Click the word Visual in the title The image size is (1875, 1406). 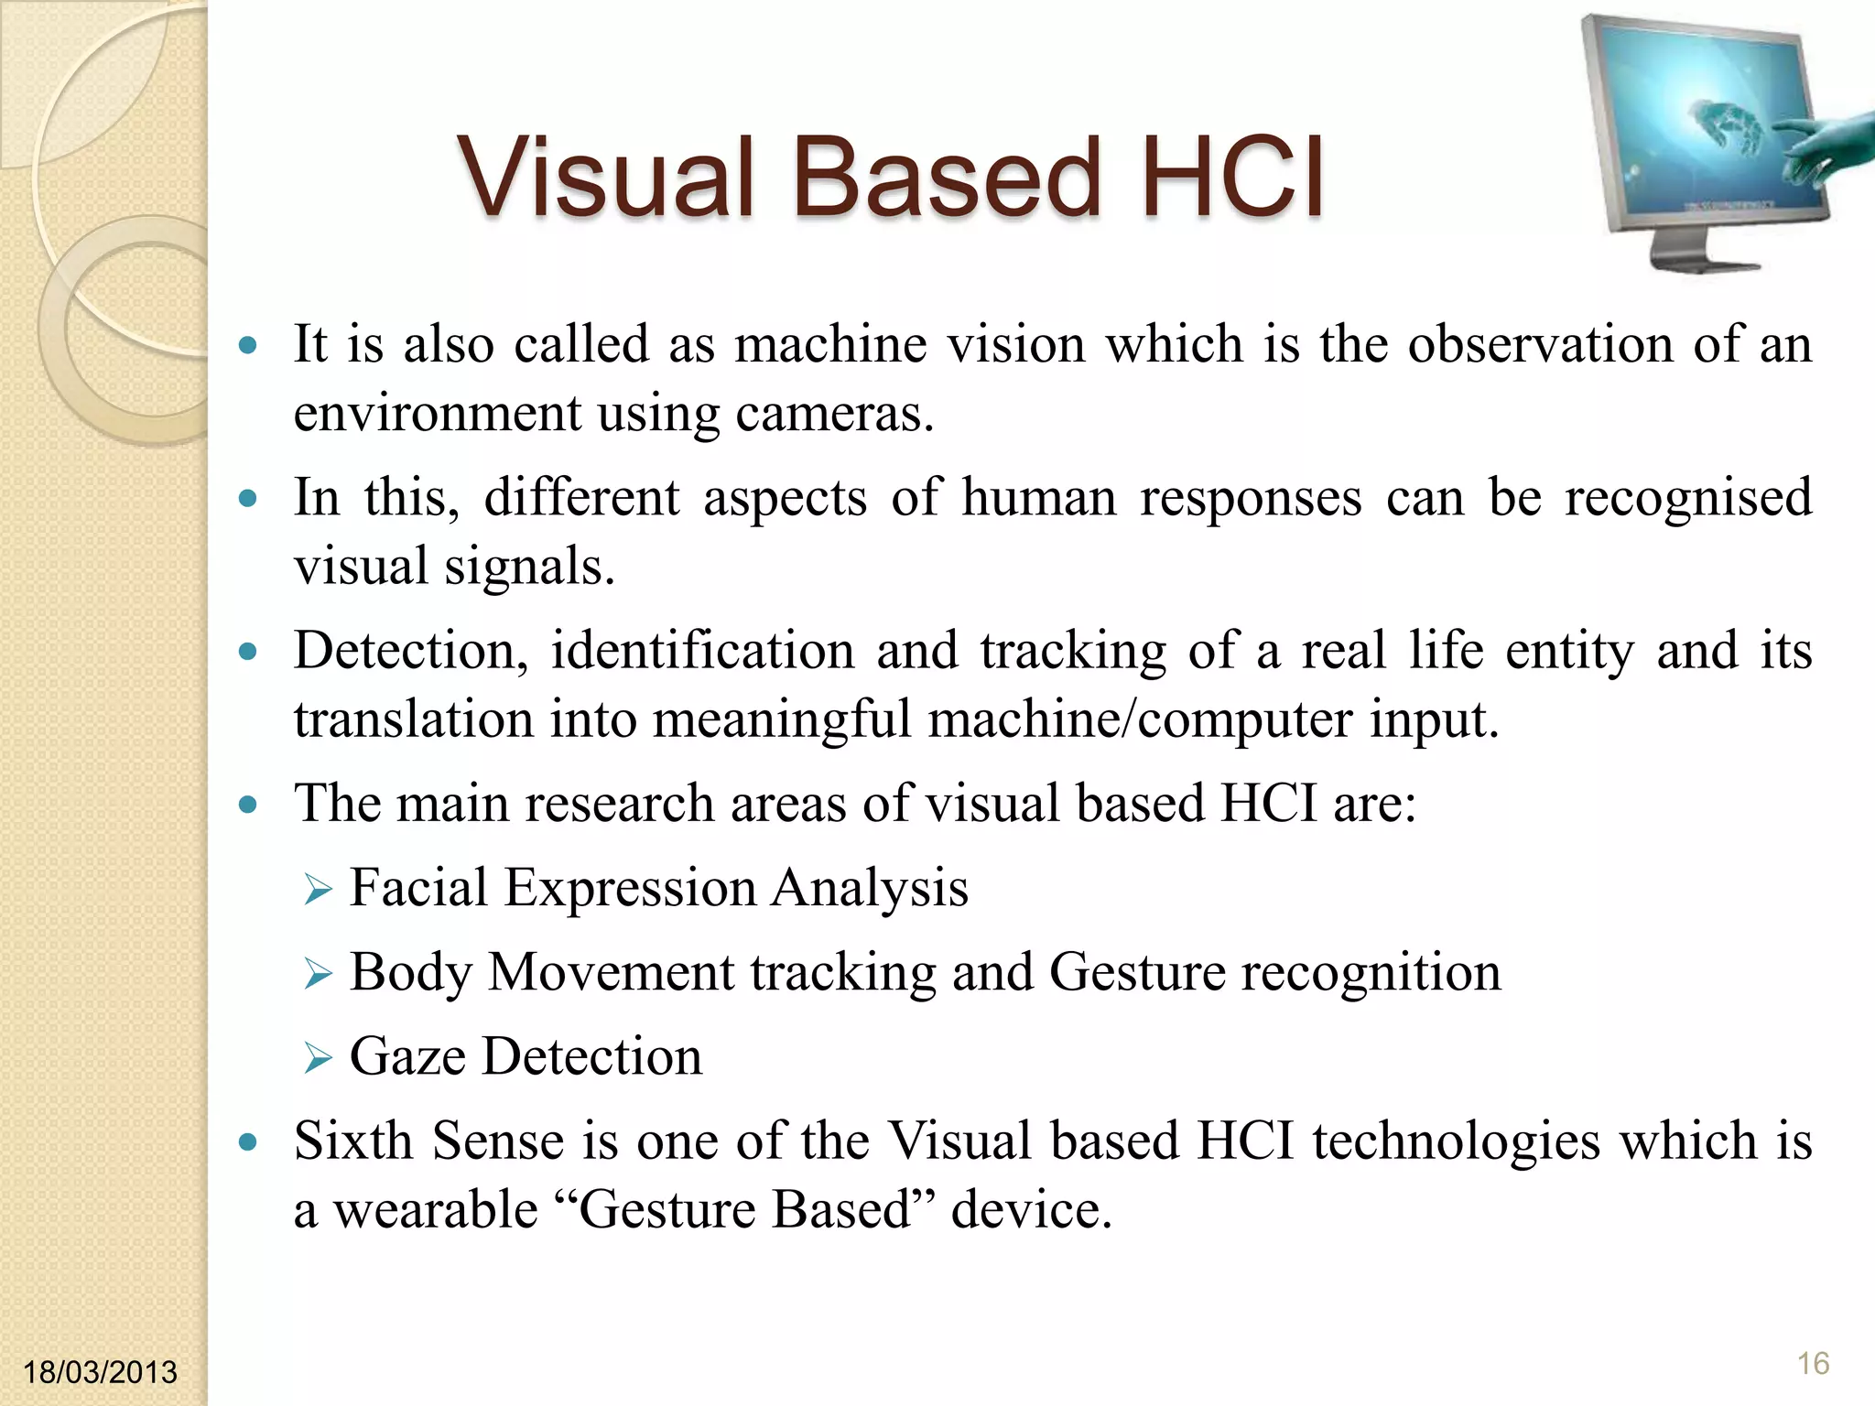(x=605, y=177)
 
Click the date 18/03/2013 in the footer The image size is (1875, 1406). (x=100, y=1372)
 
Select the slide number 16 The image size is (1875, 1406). (x=1813, y=1364)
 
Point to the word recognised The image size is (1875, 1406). (x=1687, y=498)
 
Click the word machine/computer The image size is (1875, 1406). (x=1139, y=719)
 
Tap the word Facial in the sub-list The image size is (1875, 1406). (x=418, y=888)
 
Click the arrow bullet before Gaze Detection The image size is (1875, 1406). (x=317, y=1058)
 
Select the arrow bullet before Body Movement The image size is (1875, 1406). (x=317, y=974)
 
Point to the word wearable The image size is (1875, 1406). (x=435, y=1210)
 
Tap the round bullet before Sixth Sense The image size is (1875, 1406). (x=247, y=1142)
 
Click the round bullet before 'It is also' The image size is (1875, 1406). (x=247, y=346)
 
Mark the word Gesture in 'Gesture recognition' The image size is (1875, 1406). (x=1136, y=972)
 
